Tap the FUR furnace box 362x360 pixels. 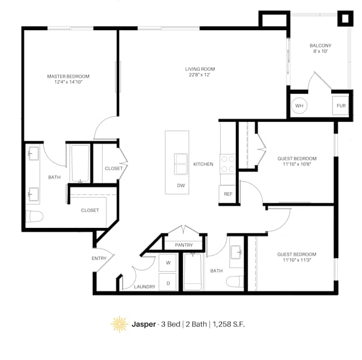[x=340, y=106]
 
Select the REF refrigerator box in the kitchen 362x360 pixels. [x=228, y=194]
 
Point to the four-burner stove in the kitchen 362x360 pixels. [x=228, y=164]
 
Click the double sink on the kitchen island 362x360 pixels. [x=181, y=164]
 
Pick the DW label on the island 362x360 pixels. [x=181, y=185]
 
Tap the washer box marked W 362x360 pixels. [x=168, y=263]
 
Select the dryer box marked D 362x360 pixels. [x=168, y=282]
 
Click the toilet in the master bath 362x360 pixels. [x=34, y=216]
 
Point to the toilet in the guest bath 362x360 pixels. [x=235, y=282]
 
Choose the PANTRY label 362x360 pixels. [x=184, y=245]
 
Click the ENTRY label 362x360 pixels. [x=99, y=258]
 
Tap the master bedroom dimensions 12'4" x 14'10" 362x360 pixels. [x=68, y=82]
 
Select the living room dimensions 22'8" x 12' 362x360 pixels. [x=200, y=75]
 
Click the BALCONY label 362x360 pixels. [x=321, y=45]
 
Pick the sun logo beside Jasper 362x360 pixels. [x=120, y=324]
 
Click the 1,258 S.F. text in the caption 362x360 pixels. [x=228, y=324]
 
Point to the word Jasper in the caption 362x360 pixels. [x=144, y=324]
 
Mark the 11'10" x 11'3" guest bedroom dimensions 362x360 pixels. [x=297, y=260]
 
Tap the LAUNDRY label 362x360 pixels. [x=144, y=287]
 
